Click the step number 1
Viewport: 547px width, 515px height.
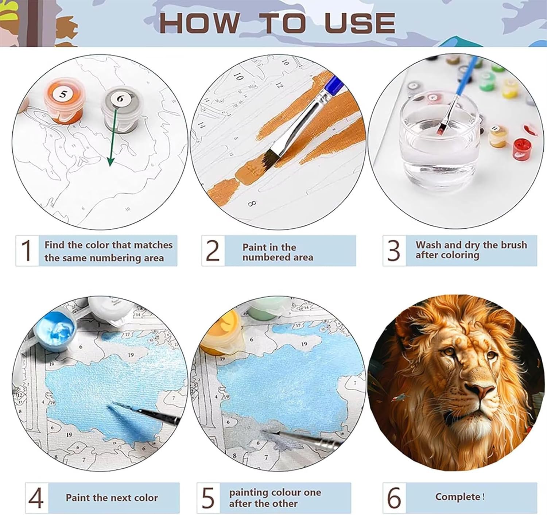(x=27, y=251)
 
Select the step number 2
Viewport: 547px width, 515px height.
(x=213, y=251)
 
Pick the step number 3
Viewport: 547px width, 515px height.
(x=394, y=251)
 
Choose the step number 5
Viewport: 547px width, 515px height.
(x=208, y=498)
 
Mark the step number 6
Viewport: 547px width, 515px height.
(x=395, y=497)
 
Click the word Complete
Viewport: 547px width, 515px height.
(x=458, y=497)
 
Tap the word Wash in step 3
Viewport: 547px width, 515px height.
(x=429, y=245)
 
